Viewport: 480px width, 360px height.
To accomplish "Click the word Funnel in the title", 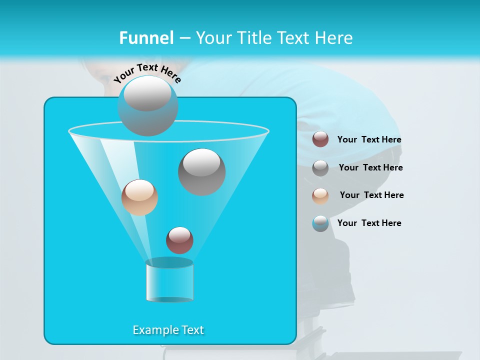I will [146, 38].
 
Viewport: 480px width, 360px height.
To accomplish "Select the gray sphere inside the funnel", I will [201, 172].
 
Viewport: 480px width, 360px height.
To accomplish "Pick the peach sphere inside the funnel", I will [139, 197].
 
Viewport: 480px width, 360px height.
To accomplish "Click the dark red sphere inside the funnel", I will [179, 240].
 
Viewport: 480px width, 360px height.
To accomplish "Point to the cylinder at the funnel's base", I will [169, 280].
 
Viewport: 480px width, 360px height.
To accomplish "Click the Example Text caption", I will [168, 330].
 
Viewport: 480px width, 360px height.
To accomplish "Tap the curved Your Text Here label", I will [147, 73].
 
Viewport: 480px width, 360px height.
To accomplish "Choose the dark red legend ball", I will [320, 139].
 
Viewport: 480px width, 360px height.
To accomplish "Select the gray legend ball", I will [320, 168].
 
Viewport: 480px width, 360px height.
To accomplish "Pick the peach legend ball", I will [320, 195].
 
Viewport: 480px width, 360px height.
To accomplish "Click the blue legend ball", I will [320, 223].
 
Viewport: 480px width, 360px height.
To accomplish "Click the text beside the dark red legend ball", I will [369, 140].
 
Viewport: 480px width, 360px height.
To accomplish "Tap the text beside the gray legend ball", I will [370, 168].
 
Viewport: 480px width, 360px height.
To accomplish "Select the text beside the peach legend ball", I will [371, 195].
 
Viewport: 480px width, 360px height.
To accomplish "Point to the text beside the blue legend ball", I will [369, 223].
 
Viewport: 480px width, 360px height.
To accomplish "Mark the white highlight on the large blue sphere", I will [147, 94].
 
